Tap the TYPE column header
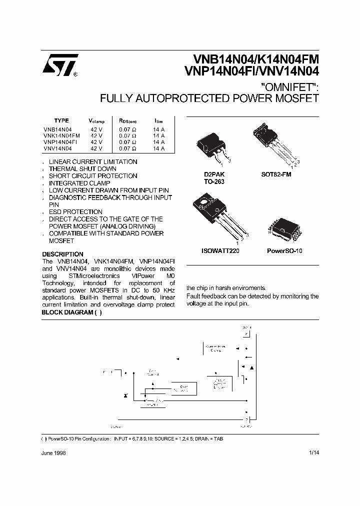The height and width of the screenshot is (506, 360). click(x=61, y=120)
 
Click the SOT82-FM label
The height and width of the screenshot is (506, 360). click(x=276, y=175)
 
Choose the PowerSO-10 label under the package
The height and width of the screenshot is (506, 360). click(x=284, y=250)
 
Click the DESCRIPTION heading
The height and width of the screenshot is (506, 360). click(x=62, y=254)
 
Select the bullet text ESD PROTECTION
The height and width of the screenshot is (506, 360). click(x=75, y=212)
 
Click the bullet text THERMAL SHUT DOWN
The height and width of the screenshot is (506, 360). click(x=82, y=169)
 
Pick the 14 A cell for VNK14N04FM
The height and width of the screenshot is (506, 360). click(x=159, y=135)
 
